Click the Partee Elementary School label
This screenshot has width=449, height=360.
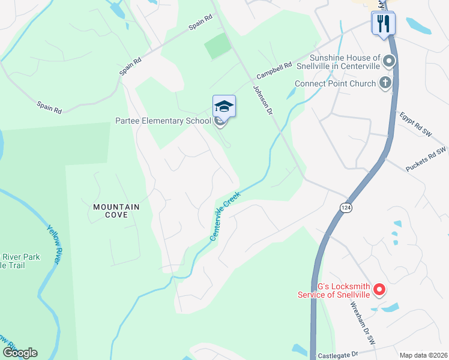coord(163,121)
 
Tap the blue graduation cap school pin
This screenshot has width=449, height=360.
coord(224,107)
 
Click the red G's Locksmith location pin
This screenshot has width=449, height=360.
coord(379,290)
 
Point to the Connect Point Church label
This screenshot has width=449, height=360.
coord(335,84)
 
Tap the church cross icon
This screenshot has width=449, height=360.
coord(386,83)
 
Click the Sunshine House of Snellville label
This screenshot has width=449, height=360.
coord(345,62)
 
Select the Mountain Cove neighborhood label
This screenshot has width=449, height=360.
coord(116,211)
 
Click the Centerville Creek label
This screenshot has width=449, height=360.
coord(224,217)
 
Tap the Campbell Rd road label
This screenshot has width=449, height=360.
coord(274,71)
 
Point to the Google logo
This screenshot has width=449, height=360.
coord(20,353)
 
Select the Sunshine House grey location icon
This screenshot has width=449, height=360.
coord(389,61)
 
